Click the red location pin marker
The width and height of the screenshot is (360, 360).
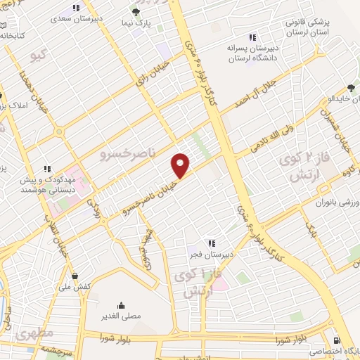point(181,165)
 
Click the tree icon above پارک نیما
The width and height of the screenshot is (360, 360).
point(137,12)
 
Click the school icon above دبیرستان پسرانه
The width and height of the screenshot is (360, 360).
point(252,37)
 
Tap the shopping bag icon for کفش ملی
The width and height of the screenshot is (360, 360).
point(84,276)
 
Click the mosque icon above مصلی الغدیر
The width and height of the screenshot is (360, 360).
point(122,304)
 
